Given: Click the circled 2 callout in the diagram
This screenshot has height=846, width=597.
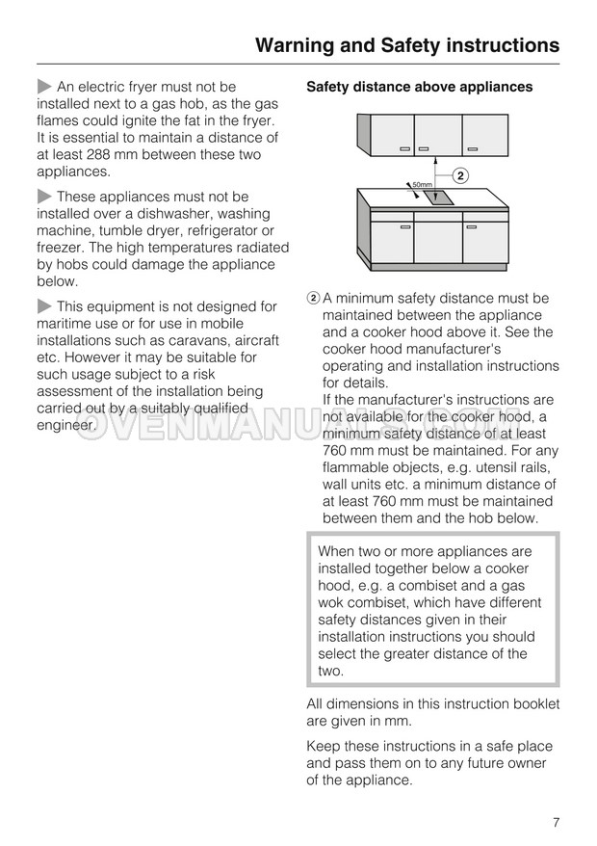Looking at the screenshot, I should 460,175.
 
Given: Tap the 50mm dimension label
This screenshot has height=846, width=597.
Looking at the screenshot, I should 422,184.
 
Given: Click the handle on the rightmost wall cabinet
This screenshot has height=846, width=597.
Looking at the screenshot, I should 472,149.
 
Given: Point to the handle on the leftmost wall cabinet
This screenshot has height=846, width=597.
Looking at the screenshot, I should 405,149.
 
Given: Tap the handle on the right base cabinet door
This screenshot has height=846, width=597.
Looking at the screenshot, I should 472,227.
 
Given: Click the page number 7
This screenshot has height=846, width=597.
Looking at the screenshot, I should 557,822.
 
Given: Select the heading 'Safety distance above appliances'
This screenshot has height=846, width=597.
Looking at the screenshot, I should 419,87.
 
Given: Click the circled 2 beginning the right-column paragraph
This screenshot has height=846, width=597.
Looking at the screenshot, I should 313,299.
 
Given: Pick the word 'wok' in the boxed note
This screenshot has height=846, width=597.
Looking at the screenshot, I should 332,603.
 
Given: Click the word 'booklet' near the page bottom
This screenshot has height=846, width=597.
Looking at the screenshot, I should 534,704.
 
